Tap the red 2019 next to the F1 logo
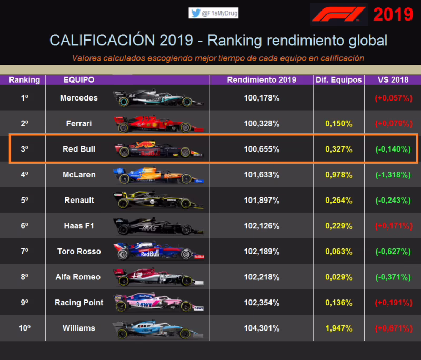[393, 15]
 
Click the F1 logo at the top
[338, 14]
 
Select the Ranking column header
[24, 80]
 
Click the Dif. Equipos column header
[338, 80]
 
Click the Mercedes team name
[79, 98]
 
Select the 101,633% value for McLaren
[262, 175]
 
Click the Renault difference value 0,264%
[338, 200]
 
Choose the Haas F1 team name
[79, 226]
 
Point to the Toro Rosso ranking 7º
[24, 252]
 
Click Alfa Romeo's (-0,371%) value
[393, 277]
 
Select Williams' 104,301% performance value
[262, 328]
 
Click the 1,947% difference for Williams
[338, 328]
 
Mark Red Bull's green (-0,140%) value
[393, 149]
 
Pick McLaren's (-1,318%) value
[393, 175]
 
